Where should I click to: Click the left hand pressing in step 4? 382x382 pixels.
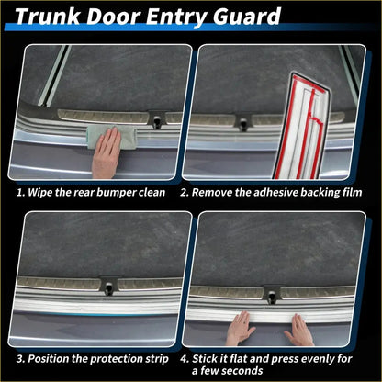pos(241,328)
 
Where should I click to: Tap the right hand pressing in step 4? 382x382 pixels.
pos(298,329)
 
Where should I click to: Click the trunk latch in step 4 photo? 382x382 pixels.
pos(272,295)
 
